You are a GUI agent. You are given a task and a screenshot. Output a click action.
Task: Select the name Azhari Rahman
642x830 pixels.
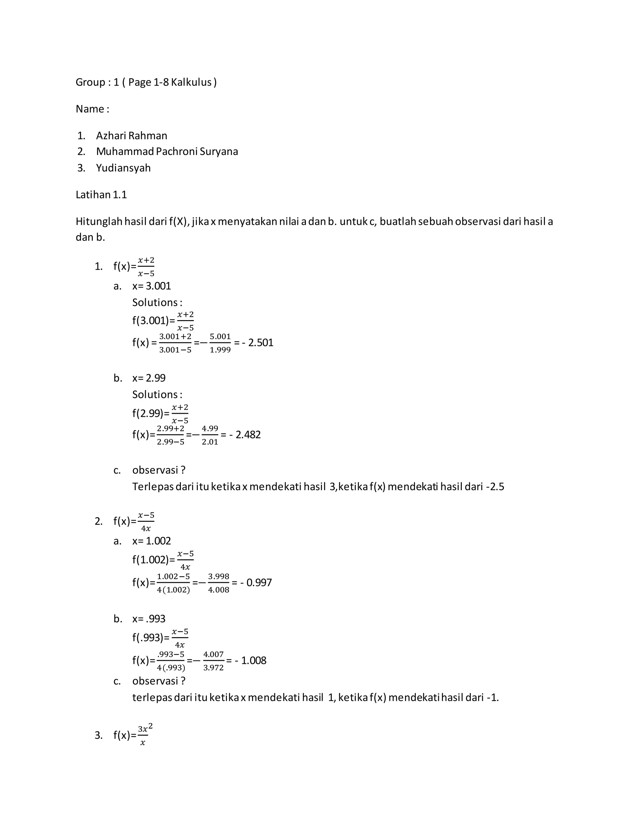point(132,136)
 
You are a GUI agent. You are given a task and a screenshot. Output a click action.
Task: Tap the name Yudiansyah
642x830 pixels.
point(123,168)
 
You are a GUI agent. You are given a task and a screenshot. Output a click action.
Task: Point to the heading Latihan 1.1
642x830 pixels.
point(101,195)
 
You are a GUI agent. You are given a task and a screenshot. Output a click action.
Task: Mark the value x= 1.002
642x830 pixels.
point(151,541)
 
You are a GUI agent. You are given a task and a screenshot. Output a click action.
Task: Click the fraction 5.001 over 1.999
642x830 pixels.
point(220,343)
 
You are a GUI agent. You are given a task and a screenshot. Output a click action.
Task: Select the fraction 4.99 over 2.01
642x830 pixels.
point(210,435)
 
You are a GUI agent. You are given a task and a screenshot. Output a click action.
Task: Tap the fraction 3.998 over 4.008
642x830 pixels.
point(219,583)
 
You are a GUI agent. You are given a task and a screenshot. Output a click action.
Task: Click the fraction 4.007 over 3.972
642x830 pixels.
point(213,661)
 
